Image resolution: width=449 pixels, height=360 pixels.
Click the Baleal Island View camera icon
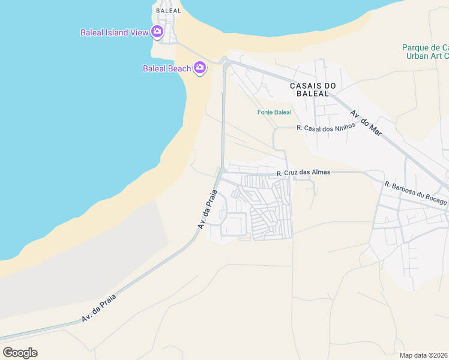157,32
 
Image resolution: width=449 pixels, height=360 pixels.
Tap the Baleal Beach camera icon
200,68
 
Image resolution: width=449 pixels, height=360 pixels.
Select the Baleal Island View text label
114,32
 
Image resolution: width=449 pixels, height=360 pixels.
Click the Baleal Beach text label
166,68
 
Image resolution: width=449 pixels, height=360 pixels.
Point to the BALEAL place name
167,11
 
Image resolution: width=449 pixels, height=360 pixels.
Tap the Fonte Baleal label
274,112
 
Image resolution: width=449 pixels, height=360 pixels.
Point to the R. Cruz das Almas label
303,173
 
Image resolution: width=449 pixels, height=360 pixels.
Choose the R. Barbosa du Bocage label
416,193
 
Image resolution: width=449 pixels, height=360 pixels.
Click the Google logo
20,352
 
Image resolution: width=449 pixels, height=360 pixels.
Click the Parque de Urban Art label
426,52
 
